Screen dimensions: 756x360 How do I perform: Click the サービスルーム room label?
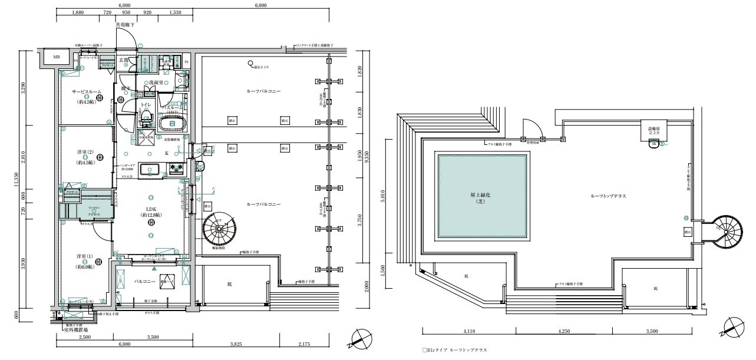point(87,92)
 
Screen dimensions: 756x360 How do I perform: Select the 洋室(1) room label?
point(87,257)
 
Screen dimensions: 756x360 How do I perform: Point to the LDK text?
point(151,208)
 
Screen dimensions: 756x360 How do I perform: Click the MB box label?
point(57,58)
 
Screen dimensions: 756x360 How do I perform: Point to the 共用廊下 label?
point(125,25)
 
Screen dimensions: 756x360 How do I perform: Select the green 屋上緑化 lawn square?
point(481,196)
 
